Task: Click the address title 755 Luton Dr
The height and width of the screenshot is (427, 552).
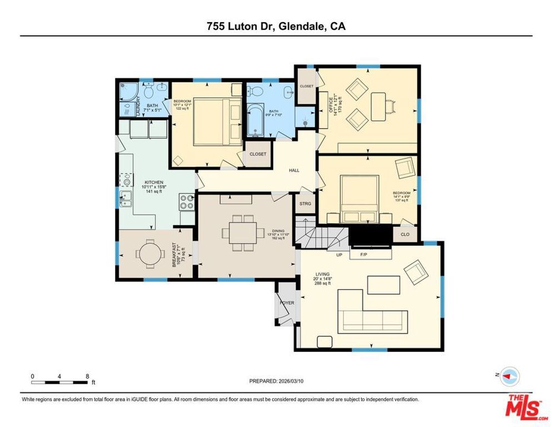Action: (275, 26)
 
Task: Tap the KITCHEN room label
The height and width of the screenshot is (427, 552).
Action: (153, 182)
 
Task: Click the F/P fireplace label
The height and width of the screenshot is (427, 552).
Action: (364, 255)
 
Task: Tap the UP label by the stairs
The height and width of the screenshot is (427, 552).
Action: (338, 255)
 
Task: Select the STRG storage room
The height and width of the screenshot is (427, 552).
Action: (305, 204)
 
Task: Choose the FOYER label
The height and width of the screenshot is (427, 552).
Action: (287, 302)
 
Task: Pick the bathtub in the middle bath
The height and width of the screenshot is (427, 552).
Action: (256, 120)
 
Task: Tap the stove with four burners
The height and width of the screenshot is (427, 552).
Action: (187, 201)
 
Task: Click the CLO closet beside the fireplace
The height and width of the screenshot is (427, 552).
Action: (405, 235)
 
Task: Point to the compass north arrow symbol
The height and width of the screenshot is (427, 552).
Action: (509, 377)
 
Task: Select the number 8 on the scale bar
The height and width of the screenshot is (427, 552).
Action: (87, 376)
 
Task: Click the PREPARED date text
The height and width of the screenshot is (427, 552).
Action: (276, 381)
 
